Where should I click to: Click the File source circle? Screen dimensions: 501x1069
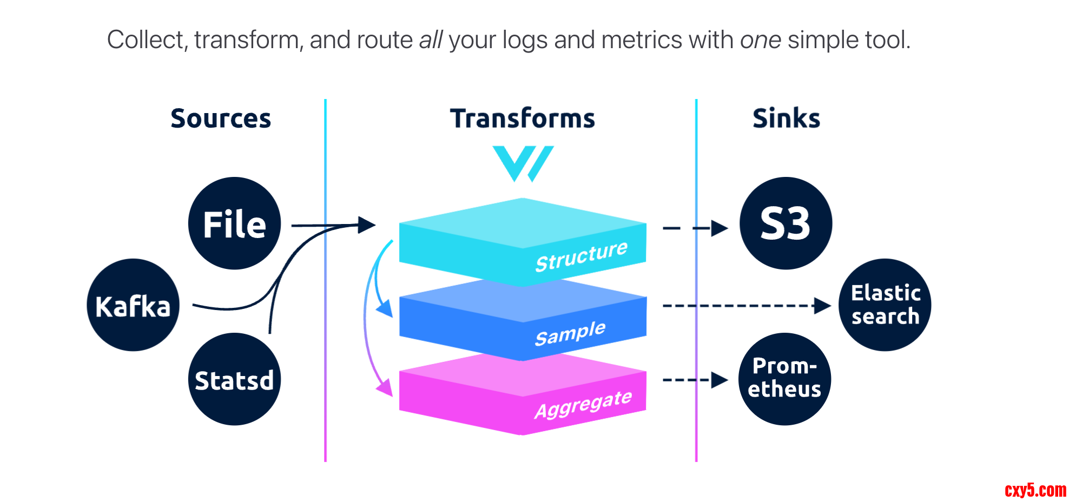click(234, 223)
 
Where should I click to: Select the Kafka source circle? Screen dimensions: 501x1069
click(133, 305)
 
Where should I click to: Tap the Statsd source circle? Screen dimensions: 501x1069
click(234, 379)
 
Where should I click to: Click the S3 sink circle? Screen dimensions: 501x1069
click(786, 223)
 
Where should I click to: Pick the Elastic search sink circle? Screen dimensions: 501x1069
click(885, 305)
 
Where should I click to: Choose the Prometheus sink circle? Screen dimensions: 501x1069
click(784, 379)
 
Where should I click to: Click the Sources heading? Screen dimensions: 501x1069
click(221, 118)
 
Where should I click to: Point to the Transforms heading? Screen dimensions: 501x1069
click(522, 118)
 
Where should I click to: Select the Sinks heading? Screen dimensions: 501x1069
click(786, 118)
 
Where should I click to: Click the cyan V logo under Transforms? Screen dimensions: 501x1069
click(523, 163)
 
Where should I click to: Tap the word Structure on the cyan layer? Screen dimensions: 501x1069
click(581, 256)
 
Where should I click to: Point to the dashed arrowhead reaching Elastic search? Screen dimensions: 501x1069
click(822, 306)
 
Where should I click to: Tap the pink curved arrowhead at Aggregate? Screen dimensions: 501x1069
click(386, 387)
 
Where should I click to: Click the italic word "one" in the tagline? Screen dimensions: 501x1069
click(760, 40)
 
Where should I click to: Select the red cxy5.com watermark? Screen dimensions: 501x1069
click(1035, 490)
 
